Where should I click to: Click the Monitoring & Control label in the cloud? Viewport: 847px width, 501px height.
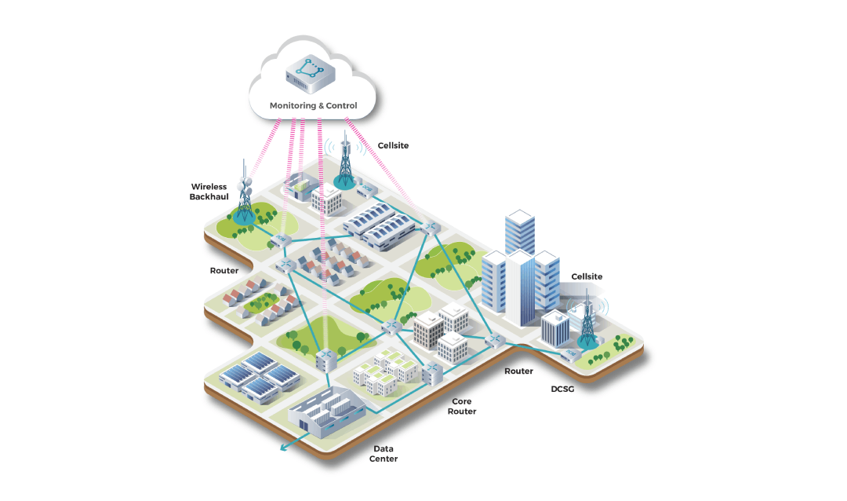313,105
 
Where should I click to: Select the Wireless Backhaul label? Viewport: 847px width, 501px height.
209,192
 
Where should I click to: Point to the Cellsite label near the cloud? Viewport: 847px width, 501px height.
393,146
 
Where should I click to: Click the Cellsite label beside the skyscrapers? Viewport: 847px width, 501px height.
587,276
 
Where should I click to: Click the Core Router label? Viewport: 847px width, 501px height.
462,406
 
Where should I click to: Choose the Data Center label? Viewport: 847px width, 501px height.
384,453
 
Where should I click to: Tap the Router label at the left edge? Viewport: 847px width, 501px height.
224,270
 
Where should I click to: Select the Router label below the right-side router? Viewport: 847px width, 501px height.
518,371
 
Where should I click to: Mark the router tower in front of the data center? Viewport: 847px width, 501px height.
326,361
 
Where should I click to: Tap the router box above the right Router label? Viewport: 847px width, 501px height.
496,342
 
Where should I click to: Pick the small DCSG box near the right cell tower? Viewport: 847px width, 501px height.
568,354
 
